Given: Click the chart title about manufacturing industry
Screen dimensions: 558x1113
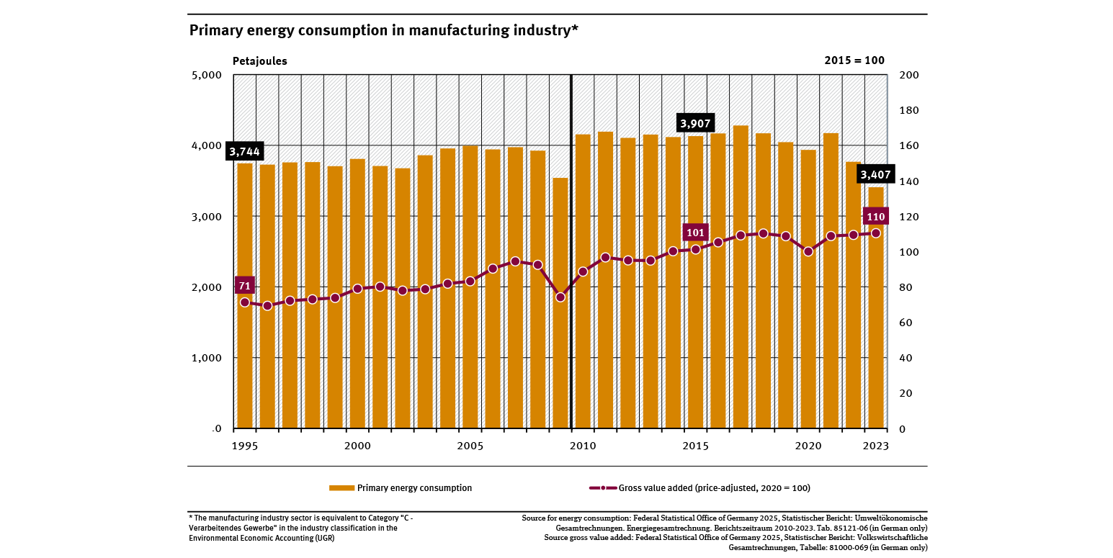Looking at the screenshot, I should click(383, 30).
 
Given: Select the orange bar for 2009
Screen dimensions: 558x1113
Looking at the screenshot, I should click(560, 302).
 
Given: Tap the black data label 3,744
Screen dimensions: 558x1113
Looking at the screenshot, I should click(245, 151).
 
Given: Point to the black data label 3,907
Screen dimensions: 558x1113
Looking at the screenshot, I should click(695, 123).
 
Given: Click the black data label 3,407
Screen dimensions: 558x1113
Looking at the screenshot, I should click(875, 174).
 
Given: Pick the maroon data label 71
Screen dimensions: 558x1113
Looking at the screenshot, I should click(245, 286).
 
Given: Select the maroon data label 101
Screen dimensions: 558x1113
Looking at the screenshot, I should click(695, 233).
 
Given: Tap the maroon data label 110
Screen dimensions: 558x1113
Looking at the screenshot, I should click(875, 217).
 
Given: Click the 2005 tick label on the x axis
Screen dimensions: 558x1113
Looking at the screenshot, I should click(470, 446).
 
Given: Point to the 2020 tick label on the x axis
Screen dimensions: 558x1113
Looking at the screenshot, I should click(808, 446).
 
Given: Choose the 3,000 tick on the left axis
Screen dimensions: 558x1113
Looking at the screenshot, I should click(207, 217).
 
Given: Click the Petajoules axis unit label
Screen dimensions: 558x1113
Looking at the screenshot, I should click(259, 61).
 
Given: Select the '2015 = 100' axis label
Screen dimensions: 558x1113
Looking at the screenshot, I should click(854, 61).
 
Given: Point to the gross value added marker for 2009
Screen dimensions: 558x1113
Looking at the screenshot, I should click(560, 297).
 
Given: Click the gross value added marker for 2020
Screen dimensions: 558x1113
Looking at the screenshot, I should click(808, 251).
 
